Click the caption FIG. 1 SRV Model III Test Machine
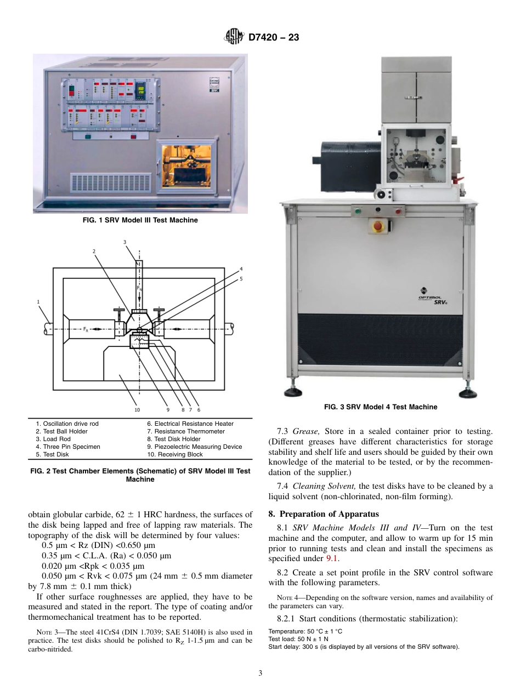coord(140,220)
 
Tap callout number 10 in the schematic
coord(137,409)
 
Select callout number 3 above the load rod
coord(124,242)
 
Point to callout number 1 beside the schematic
coord(38,301)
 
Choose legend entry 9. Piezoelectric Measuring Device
coord(194,447)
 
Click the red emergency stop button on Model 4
coord(377,226)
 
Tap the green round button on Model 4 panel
coord(359,210)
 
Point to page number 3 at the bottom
coord(260,673)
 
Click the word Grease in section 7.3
coord(304,431)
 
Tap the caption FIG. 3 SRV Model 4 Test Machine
coord(380,407)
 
